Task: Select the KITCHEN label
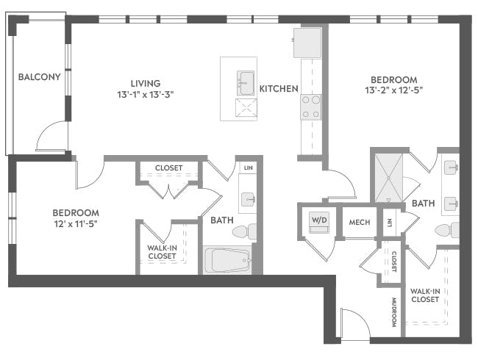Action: click(279, 89)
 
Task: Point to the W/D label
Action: click(319, 220)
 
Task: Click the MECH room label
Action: click(359, 223)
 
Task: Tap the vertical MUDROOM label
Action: click(393, 312)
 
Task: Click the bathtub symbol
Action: click(227, 259)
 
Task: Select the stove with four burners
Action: click(311, 107)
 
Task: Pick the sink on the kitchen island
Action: click(244, 80)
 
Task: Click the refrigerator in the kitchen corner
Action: click(307, 43)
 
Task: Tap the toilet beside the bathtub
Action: click(243, 231)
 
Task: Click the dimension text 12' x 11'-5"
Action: click(76, 223)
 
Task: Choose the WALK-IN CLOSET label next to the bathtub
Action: click(162, 252)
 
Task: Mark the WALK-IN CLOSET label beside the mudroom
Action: click(425, 295)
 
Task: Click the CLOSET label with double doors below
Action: click(168, 168)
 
